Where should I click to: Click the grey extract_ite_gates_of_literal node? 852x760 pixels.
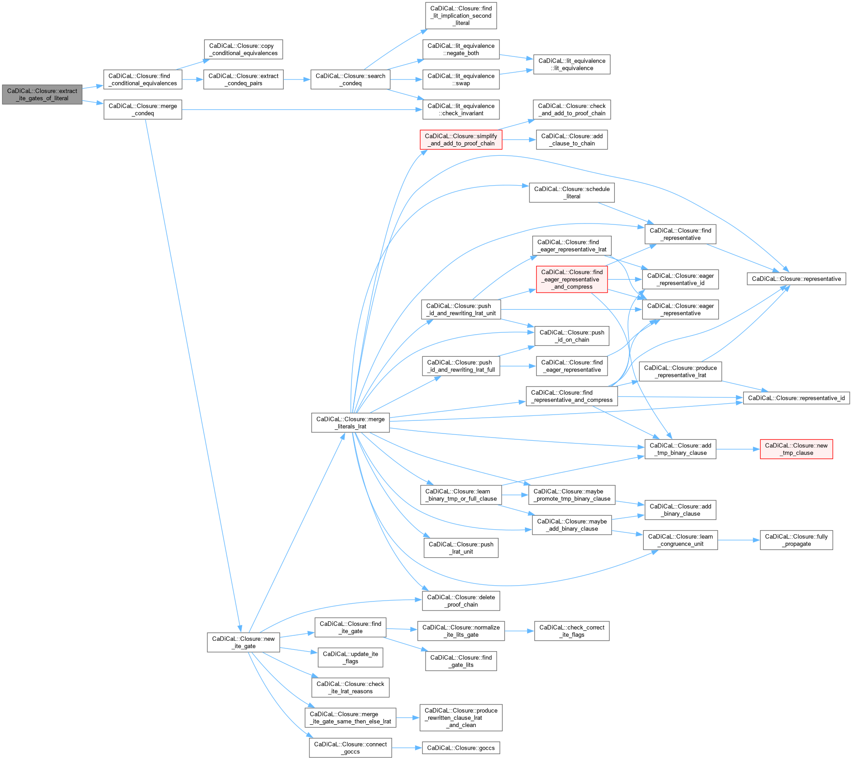(x=42, y=94)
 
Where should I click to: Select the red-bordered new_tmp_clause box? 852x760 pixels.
(x=796, y=449)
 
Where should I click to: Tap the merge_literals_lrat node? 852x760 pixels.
(x=350, y=423)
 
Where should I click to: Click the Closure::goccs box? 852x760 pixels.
(x=461, y=748)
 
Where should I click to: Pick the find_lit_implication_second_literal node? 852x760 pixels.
(x=461, y=16)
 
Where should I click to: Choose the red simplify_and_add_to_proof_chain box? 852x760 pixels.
(x=461, y=140)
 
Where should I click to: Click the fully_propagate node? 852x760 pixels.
(x=796, y=540)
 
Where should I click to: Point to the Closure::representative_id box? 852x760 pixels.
(x=796, y=398)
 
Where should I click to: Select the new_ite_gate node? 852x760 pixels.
(x=243, y=642)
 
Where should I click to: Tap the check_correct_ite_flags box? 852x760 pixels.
(x=571, y=631)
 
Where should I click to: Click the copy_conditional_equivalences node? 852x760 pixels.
(x=243, y=49)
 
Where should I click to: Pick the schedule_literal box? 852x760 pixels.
(x=571, y=193)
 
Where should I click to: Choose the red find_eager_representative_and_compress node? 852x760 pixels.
(x=571, y=279)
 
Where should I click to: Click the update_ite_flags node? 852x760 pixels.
(x=350, y=657)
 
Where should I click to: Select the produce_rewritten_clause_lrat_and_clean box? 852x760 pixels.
(x=461, y=718)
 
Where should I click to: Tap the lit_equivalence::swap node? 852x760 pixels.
(x=461, y=79)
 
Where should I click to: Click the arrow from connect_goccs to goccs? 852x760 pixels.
(x=407, y=748)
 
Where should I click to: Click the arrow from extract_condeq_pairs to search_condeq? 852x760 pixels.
(x=297, y=79)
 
